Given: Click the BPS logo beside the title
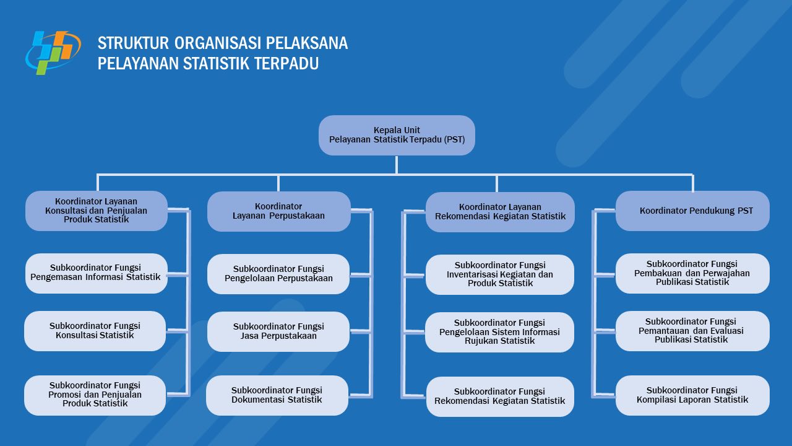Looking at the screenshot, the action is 53,53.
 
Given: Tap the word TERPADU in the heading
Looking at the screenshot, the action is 286,64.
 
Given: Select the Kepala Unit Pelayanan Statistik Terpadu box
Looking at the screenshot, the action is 397,135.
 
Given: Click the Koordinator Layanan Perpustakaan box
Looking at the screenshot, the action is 279,211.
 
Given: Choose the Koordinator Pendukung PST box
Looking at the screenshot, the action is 692,211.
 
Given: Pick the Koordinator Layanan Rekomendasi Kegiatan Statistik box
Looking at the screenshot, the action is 500,212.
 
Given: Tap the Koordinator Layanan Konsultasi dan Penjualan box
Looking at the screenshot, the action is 97,211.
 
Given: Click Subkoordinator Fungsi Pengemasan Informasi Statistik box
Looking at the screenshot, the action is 96,273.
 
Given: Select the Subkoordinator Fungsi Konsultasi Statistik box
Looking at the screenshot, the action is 95,331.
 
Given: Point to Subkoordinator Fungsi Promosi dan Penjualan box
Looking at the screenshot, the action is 95,395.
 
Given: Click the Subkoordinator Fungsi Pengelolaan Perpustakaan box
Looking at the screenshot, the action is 278,274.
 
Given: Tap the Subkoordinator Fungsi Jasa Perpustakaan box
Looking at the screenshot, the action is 278,331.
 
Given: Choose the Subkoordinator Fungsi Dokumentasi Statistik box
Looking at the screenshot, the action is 277,395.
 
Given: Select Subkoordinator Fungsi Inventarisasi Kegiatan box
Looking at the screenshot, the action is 500,274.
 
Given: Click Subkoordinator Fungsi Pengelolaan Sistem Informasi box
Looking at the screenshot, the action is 499,332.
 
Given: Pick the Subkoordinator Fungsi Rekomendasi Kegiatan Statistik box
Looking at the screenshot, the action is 500,396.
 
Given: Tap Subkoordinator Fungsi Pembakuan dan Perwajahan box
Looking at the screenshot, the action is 692,273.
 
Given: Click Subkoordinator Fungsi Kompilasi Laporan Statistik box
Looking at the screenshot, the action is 692,395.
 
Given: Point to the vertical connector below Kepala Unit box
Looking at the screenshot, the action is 397,165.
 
